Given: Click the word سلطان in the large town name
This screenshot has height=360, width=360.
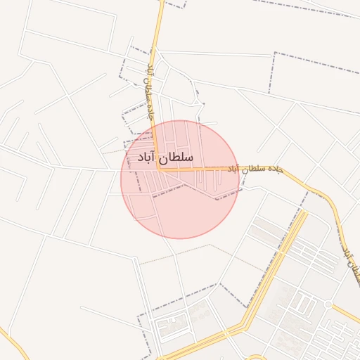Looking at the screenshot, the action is (176, 157).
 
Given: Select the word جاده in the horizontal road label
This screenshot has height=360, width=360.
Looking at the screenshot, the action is (275, 169).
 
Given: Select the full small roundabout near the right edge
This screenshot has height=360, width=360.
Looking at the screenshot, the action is (328, 303).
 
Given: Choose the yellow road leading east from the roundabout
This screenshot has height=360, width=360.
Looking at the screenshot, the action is (346, 313).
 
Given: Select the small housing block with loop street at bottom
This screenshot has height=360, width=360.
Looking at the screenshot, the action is (172, 324).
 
